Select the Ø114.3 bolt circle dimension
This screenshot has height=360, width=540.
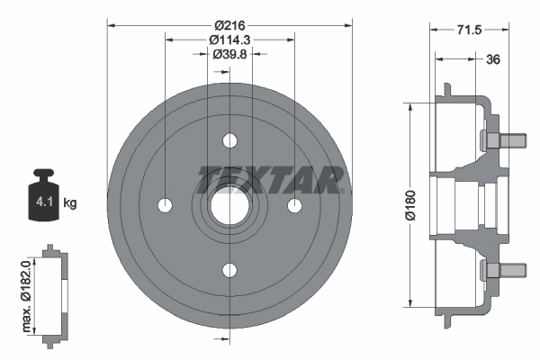229,40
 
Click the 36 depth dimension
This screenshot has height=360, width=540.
492,59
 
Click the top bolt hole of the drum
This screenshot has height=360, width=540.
229,141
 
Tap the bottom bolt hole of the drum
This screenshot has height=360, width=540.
229,270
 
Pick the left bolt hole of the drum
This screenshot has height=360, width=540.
165,206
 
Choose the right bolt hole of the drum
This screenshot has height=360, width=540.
294,206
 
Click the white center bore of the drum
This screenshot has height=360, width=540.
229,206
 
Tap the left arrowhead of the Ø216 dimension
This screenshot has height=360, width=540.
111,24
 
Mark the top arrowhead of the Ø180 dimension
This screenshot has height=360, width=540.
411,104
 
